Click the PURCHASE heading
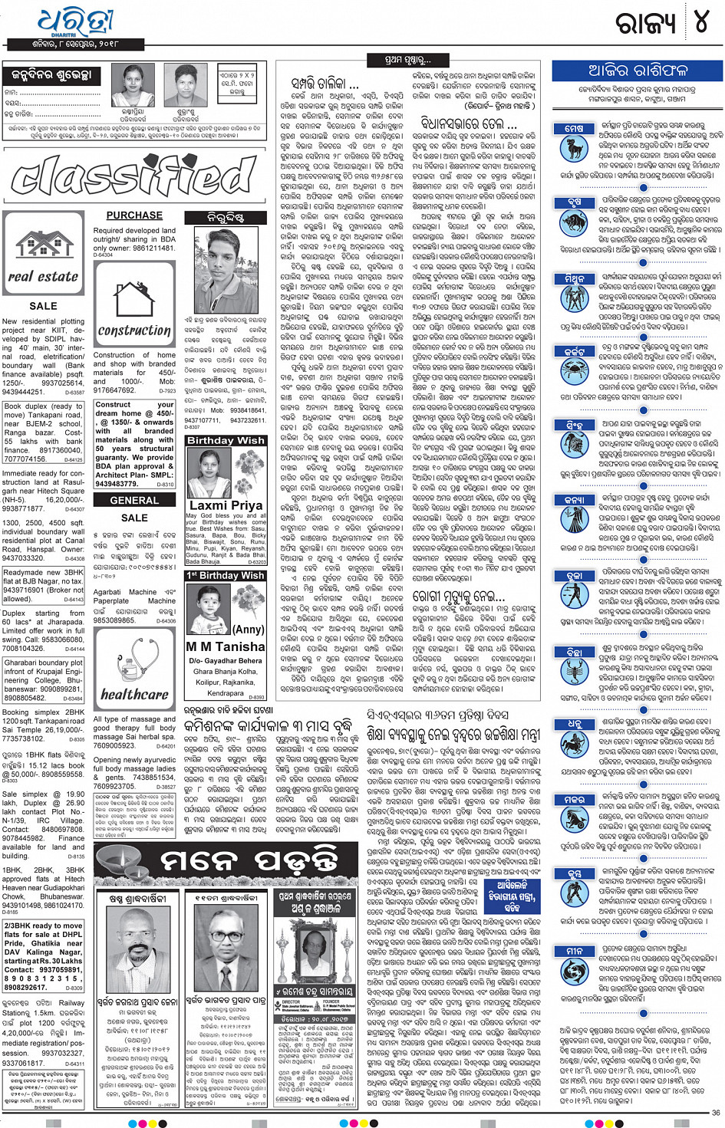(x=134, y=215)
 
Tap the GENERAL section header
(x=134, y=500)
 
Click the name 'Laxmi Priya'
(x=226, y=505)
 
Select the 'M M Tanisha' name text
(x=226, y=646)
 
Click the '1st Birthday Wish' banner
(x=226, y=575)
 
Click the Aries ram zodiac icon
(x=574, y=147)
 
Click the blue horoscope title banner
(x=638, y=71)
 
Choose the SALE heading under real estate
(x=43, y=306)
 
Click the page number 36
(x=715, y=1113)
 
